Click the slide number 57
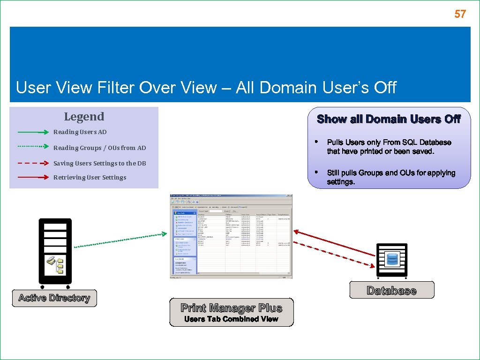click(x=460, y=14)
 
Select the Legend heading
click(x=84, y=116)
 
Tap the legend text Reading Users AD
click(x=80, y=132)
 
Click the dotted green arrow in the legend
click(x=33, y=146)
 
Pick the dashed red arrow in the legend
click(x=33, y=163)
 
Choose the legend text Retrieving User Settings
click(x=90, y=178)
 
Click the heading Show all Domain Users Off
click(x=389, y=119)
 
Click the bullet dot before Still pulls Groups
click(x=317, y=172)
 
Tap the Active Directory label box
click(x=54, y=298)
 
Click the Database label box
click(x=391, y=290)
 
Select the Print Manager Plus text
click(x=232, y=308)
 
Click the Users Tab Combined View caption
click(x=232, y=319)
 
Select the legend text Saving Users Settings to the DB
click(x=99, y=164)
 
